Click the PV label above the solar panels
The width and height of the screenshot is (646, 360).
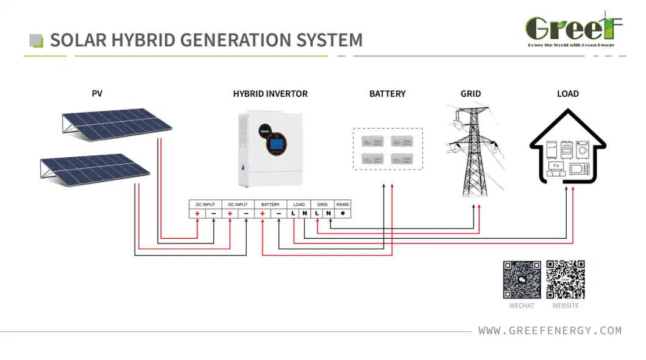pos(97,94)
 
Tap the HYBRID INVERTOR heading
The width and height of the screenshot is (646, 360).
pos(270,94)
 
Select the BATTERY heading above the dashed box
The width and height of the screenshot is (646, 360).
pos(387,94)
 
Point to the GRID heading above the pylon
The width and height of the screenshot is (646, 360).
pos(470,94)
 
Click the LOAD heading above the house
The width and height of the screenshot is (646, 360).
pos(567,94)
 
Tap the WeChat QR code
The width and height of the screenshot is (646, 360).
pos(522,280)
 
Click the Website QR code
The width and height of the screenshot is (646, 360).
pos(566,280)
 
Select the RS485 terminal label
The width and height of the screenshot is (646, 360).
pos(343,205)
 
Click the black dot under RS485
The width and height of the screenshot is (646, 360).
pos(343,213)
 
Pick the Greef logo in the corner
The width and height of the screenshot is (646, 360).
pos(573,30)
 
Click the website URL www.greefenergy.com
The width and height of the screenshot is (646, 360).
pos(550,331)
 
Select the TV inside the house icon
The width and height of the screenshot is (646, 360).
pos(555,166)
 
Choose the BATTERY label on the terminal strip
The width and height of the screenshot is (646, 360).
pos(270,205)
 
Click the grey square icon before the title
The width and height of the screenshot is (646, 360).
pos(37,41)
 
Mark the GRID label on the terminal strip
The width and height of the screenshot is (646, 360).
pos(322,205)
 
